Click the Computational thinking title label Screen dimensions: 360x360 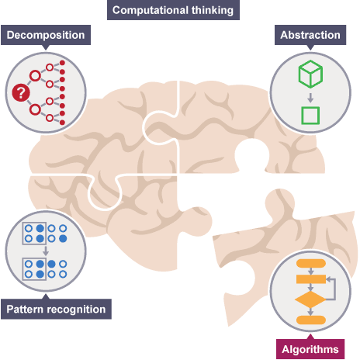click(173, 10)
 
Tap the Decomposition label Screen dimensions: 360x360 click(46, 35)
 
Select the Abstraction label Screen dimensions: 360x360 click(310, 35)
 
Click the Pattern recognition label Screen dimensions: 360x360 click(56, 309)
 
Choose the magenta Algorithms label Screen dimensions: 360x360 click(310, 349)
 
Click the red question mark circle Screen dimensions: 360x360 click(21, 92)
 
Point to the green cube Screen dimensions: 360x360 click(310, 74)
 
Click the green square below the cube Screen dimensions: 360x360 click(310, 116)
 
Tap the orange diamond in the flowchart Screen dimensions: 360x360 click(310, 299)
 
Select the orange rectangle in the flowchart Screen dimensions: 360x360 click(311, 279)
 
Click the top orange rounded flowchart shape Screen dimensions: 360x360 click(311, 264)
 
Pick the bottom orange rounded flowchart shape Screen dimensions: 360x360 click(311, 320)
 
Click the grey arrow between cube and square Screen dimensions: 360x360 click(310, 98)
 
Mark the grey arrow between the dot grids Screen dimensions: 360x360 click(46, 251)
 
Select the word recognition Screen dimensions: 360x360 click(77, 310)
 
